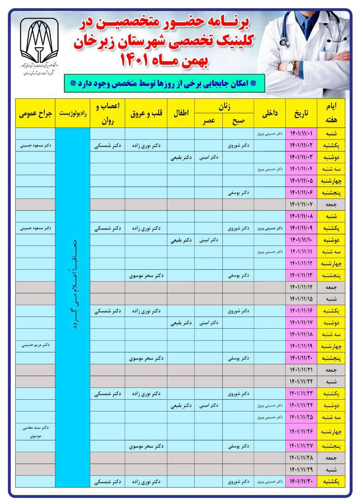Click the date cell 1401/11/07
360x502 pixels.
[x=301, y=205]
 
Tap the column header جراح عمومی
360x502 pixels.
[x=35, y=113]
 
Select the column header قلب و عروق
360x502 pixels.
[x=146, y=113]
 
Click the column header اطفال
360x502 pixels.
[x=181, y=113]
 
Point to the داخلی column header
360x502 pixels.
[x=270, y=113]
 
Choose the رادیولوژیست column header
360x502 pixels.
[x=73, y=113]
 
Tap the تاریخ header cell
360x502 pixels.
[x=301, y=113]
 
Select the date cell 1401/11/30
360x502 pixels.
[x=301, y=481]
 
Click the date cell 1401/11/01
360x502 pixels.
[x=301, y=134]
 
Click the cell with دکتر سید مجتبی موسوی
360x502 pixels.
[x=35, y=431]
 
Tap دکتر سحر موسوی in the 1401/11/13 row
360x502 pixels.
[x=146, y=276]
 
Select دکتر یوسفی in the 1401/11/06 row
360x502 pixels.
[x=238, y=193]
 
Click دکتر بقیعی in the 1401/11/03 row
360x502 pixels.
[x=181, y=158]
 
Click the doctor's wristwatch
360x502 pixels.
[x=291, y=67]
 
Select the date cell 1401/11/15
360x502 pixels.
[x=301, y=299]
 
